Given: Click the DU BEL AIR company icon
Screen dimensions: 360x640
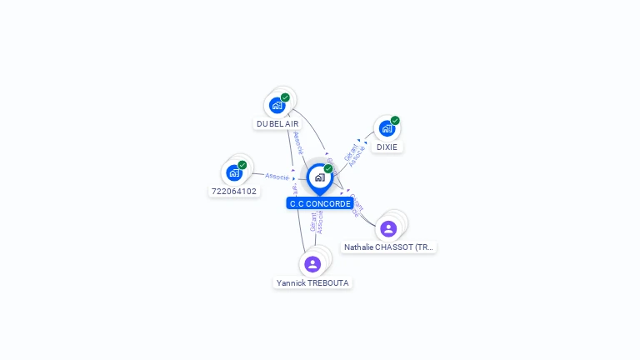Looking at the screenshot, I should pos(277,106).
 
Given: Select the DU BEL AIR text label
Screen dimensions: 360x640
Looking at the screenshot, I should pos(277,123).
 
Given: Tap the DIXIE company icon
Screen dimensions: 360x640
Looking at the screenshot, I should pos(387,128).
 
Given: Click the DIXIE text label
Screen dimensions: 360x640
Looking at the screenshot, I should pos(387,147).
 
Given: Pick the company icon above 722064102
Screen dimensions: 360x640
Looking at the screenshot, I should pos(234,172).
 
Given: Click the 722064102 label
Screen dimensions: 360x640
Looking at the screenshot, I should pos(234,191).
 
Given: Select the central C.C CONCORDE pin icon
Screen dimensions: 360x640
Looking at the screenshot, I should pos(319,177).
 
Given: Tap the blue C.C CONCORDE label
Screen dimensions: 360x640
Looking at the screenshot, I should pos(320,203).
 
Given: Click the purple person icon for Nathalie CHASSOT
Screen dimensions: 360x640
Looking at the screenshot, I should pos(387,228).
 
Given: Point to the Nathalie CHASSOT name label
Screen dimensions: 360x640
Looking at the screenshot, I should pos(388,247).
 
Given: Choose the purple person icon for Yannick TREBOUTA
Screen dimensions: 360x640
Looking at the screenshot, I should pos(312,264).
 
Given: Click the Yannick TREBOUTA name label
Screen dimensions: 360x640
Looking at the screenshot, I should pos(312,282).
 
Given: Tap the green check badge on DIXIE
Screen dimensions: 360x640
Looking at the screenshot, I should pos(395,120).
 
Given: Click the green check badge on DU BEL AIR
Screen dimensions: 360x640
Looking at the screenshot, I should pos(285,97).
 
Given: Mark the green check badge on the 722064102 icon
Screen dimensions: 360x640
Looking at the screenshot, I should pos(242,165).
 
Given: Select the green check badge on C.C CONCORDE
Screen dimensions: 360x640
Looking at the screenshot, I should pos(328,168).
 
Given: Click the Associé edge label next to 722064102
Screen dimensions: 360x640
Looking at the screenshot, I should pos(277,176).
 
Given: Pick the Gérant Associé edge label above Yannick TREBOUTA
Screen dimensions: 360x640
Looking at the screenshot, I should pos(317,221).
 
